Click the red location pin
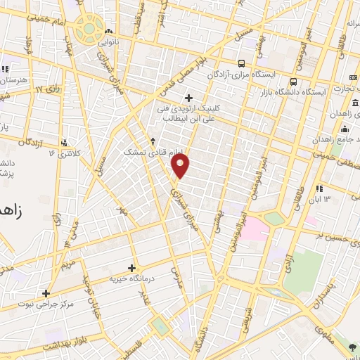[x=181, y=166]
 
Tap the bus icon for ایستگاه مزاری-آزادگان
[x=242, y=62]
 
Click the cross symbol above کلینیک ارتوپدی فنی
[x=188, y=97]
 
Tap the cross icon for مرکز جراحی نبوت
[x=46, y=293]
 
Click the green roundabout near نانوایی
[x=89, y=28]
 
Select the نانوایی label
[x=107, y=42]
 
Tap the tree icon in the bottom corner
[x=352, y=348]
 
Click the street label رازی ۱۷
[x=46, y=89]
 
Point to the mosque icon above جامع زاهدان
[x=345, y=129]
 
